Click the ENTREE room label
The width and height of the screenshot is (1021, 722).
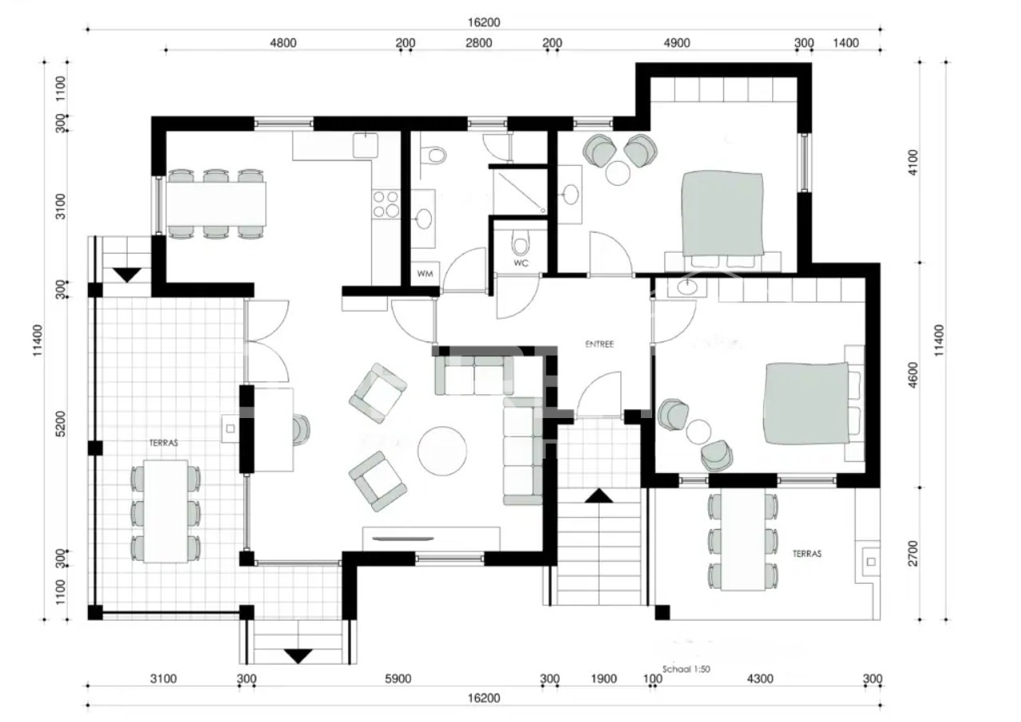pos(600,345)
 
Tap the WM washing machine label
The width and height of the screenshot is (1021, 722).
pos(425,274)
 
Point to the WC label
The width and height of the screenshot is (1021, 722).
pos(520,263)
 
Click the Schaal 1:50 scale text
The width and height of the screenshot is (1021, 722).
pos(686,669)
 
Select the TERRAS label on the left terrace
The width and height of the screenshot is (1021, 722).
pos(164,443)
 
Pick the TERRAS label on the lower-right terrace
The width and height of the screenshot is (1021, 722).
pos(807,554)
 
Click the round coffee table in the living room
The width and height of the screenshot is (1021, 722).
pos(442,451)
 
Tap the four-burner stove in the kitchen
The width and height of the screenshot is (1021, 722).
pos(386,203)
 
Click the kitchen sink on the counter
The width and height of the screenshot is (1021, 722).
pos(365,145)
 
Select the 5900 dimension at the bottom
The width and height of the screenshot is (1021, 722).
pos(398,679)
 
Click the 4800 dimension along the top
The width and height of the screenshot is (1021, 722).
pos(283,43)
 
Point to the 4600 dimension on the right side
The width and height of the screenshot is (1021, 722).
pos(913,375)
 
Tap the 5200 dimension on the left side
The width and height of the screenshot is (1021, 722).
pos(60,424)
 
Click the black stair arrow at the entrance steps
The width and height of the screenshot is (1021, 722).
pos(599,496)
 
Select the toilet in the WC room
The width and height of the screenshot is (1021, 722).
pos(520,243)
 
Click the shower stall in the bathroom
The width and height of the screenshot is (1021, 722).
pos(520,192)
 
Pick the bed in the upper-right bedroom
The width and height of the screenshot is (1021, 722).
pos(722,213)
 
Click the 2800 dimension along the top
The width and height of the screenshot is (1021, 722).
pos(479,43)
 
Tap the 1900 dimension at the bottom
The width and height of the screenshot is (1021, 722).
pos(604,679)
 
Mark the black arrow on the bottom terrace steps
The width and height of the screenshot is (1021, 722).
pos(298,657)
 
